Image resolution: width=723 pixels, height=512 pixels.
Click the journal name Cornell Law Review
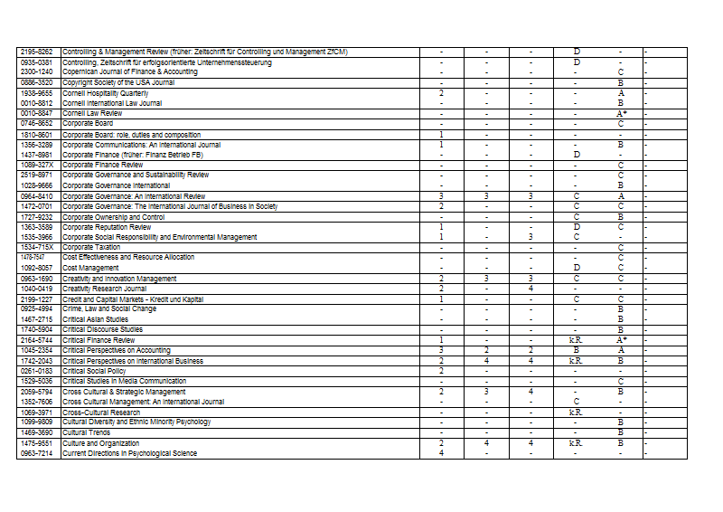(x=92, y=113)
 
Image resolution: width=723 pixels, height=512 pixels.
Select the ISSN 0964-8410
(x=37, y=196)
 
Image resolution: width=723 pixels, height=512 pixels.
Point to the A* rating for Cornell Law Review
(x=621, y=113)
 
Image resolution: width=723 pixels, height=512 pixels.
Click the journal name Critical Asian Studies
(x=96, y=319)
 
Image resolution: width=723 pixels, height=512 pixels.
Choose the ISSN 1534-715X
(x=37, y=247)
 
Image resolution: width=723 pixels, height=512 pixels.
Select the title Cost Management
(x=90, y=268)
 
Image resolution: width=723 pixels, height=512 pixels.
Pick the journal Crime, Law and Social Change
(x=109, y=308)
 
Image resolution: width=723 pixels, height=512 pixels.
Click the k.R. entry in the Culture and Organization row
(x=576, y=443)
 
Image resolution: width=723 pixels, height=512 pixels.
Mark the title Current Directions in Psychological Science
(x=129, y=453)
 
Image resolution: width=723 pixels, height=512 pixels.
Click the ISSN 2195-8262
(x=37, y=52)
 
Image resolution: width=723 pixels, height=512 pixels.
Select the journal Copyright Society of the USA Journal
(x=118, y=82)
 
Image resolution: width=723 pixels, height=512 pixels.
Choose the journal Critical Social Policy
(x=93, y=371)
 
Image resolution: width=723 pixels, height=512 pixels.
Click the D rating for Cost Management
(x=576, y=268)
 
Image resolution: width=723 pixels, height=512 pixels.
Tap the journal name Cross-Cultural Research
(x=101, y=412)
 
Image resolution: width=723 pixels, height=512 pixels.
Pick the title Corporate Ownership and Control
(x=113, y=217)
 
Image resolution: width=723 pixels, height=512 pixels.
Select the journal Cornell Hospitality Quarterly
(x=105, y=93)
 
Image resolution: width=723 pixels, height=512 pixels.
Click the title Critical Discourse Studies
(x=102, y=329)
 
